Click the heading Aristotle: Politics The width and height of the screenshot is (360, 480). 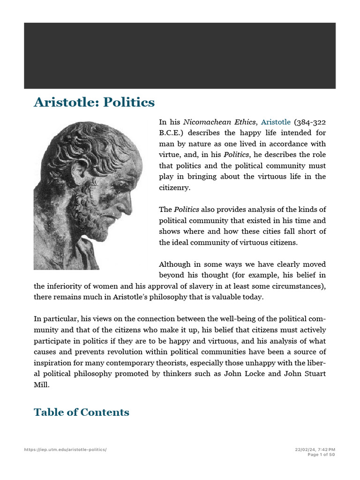pos(94,102)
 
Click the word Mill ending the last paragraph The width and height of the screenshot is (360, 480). pos(42,384)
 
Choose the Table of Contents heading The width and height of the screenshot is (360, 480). pos(82,412)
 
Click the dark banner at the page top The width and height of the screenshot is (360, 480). pos(180,55)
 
